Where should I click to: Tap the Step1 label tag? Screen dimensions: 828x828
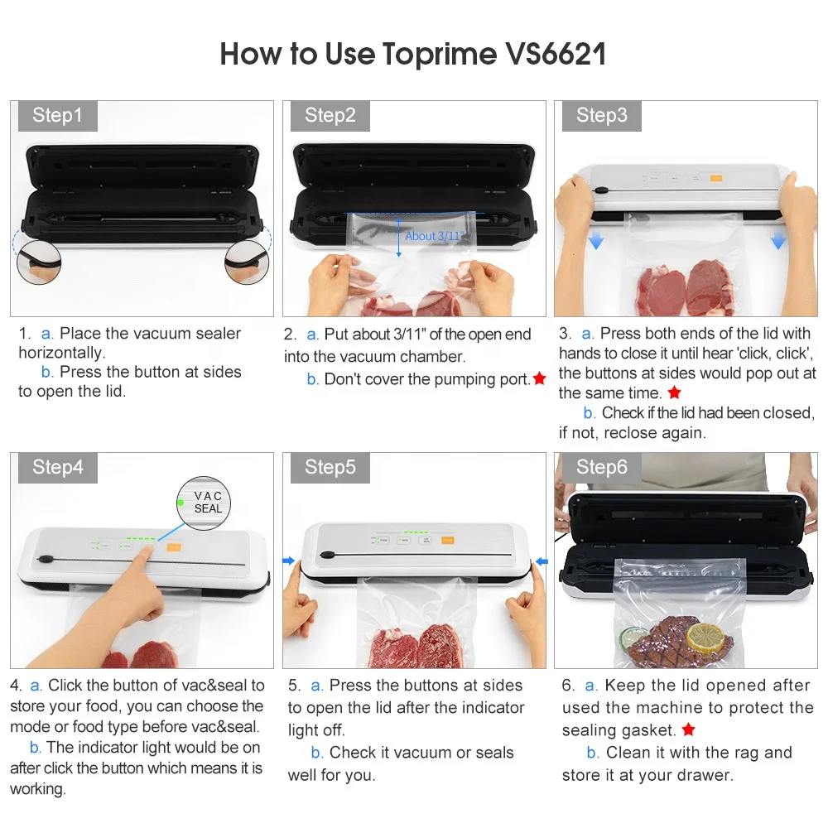[x=57, y=116]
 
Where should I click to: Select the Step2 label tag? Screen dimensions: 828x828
[x=330, y=116]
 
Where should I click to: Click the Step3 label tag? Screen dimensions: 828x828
[x=602, y=116]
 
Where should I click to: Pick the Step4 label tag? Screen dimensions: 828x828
[x=57, y=467]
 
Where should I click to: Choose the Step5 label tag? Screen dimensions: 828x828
[x=330, y=467]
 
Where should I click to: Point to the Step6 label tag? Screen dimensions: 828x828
[x=602, y=467]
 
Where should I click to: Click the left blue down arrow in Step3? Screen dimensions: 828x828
[x=596, y=241]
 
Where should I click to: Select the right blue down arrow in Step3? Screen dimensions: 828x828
[x=777, y=241]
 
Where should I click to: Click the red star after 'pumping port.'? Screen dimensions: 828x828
[x=540, y=378]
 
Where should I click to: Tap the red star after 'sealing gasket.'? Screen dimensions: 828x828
[x=688, y=729]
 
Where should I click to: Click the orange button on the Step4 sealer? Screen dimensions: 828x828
[x=175, y=546]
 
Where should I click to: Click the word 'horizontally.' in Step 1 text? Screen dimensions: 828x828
[x=61, y=353]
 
